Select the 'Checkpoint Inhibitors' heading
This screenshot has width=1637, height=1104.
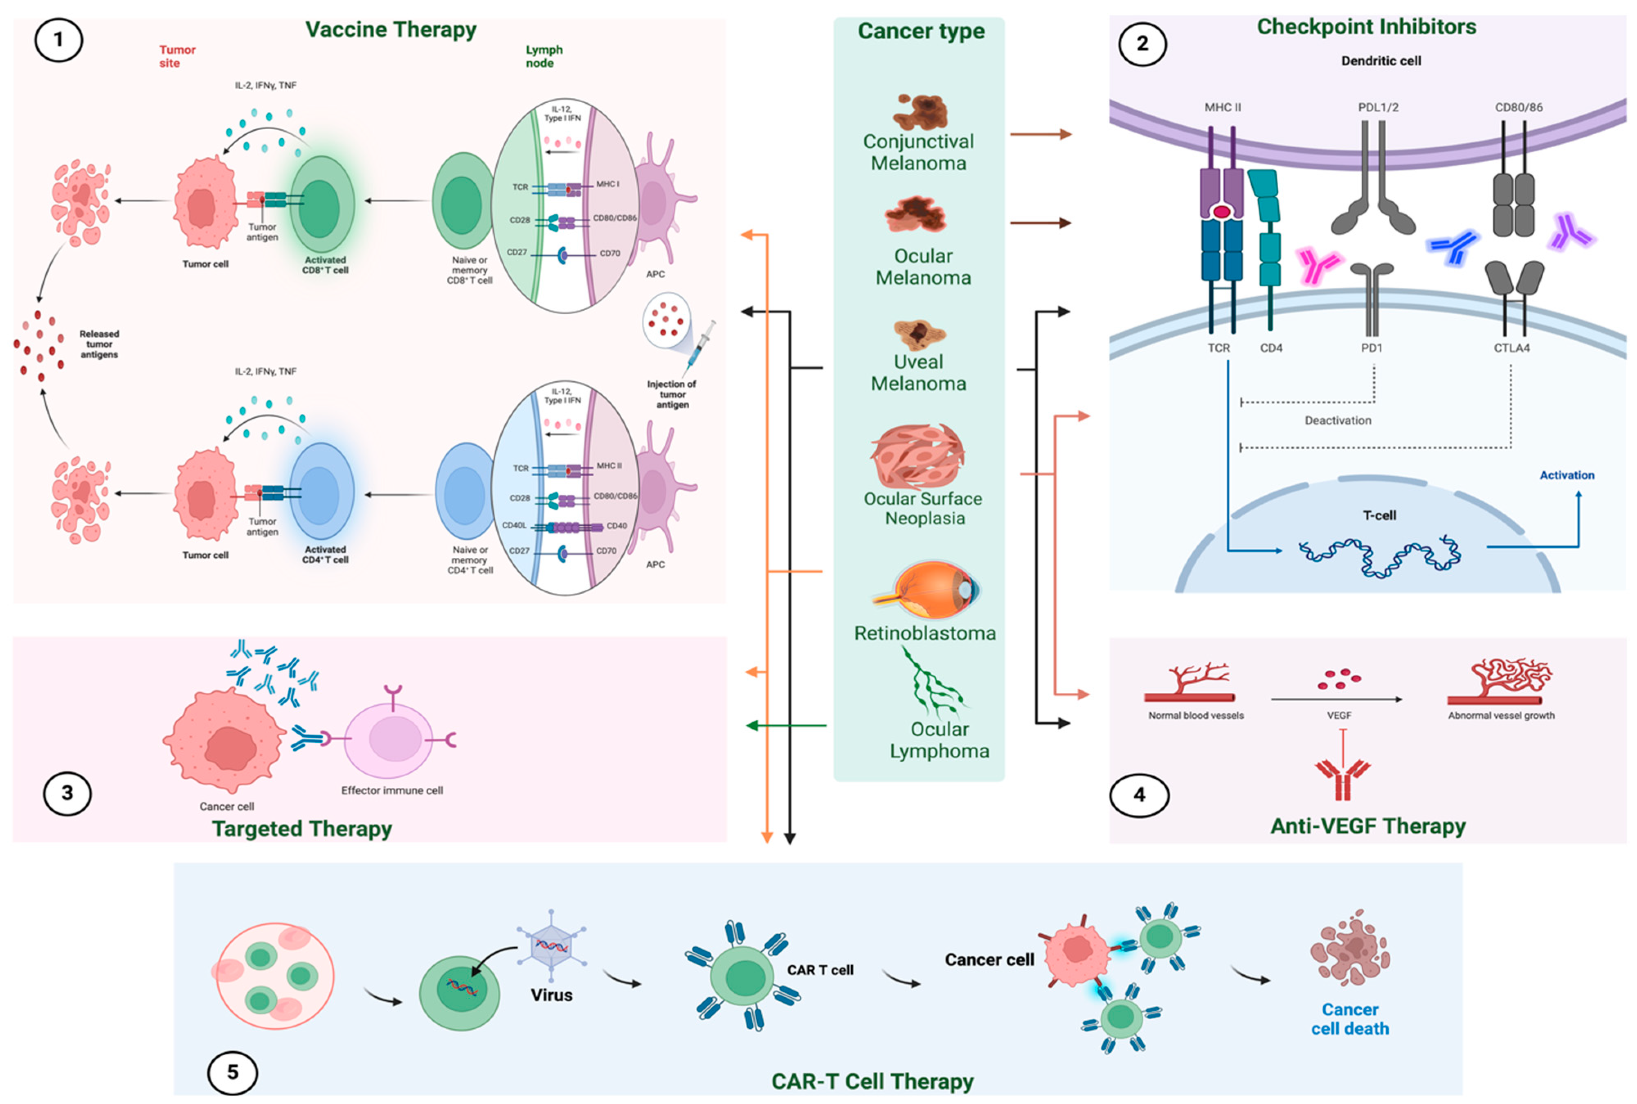(1366, 27)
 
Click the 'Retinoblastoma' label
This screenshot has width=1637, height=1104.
(925, 633)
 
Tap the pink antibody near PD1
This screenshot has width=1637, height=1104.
(1318, 266)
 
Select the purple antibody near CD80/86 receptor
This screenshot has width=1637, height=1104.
(1571, 233)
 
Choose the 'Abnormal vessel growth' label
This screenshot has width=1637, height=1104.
(1500, 715)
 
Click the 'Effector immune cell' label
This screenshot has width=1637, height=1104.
(392, 791)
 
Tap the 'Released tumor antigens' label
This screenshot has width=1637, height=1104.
(99, 344)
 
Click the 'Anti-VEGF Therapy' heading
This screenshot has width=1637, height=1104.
(1367, 825)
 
